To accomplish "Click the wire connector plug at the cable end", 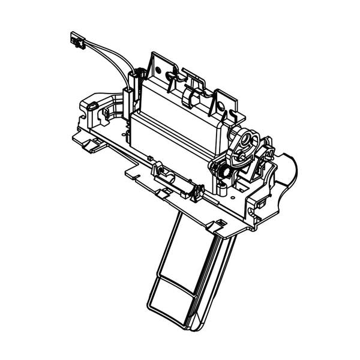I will tap(77, 42).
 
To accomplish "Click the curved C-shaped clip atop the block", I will tap(189, 96).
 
